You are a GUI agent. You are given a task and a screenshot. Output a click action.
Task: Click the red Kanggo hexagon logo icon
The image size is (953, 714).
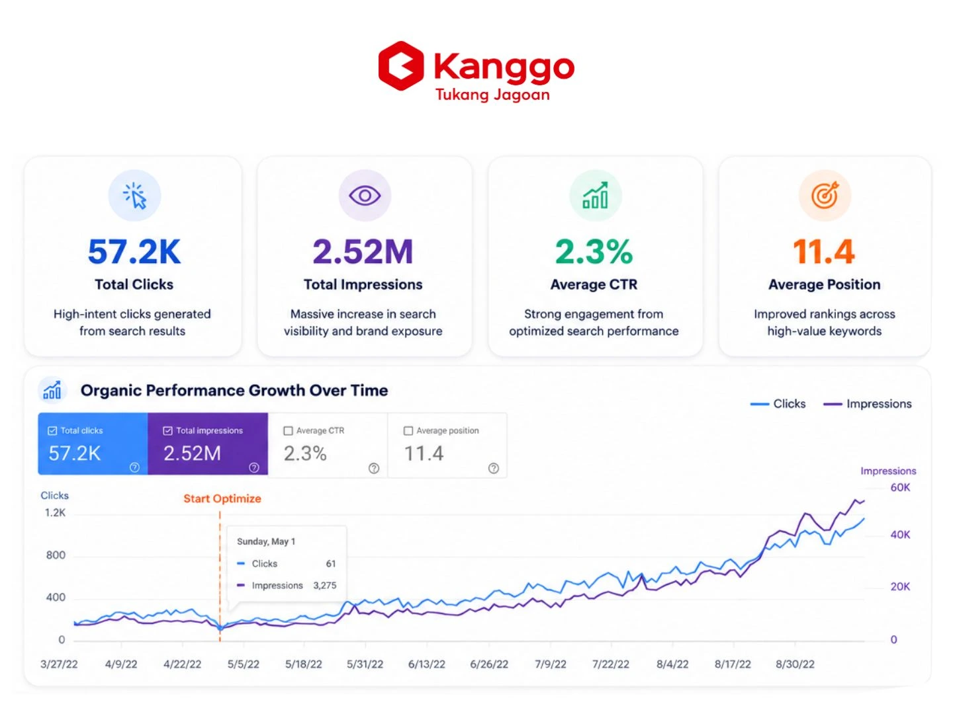click(400, 66)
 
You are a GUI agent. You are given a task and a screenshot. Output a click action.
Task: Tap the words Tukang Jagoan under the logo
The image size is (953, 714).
click(492, 95)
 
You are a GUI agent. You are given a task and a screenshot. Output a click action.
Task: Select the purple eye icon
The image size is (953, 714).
click(364, 196)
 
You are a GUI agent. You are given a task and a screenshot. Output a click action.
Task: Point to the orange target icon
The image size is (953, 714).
click(824, 196)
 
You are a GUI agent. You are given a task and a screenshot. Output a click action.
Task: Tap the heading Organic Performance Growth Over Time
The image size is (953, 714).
click(234, 390)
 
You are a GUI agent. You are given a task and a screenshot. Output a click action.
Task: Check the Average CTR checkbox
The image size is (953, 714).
click(287, 430)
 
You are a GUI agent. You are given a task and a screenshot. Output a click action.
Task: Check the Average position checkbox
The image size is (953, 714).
click(408, 430)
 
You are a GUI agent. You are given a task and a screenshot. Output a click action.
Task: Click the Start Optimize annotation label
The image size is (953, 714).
click(222, 498)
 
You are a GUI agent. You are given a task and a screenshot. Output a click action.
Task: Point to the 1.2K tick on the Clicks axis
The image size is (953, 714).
click(55, 513)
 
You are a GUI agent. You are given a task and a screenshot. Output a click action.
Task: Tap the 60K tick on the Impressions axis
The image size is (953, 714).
click(899, 487)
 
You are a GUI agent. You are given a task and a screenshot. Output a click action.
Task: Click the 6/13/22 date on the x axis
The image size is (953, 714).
click(426, 664)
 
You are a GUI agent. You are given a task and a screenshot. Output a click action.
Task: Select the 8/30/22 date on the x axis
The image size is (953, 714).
click(795, 664)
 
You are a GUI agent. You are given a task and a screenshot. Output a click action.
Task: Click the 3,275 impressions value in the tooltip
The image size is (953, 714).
click(324, 585)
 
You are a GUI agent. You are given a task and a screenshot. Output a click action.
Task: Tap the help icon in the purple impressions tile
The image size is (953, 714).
click(253, 467)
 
